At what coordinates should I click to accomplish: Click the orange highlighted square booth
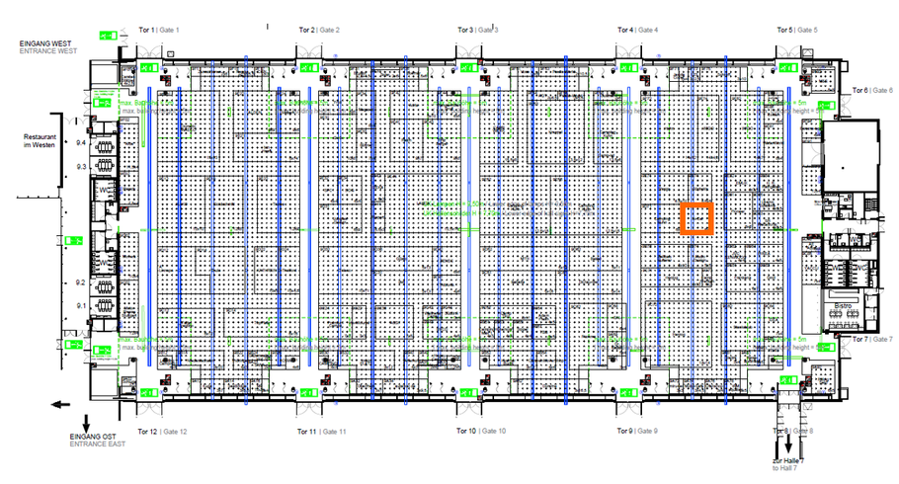point(696,217)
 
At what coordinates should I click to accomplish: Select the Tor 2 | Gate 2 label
point(319,31)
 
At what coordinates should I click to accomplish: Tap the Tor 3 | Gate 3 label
point(477,31)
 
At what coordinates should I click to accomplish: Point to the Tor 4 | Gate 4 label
point(637,31)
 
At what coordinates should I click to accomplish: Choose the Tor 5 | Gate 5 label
point(798,31)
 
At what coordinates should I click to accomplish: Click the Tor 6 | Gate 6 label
point(872,90)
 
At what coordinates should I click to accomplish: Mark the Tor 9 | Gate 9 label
point(637,432)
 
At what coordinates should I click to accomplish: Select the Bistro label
point(844,307)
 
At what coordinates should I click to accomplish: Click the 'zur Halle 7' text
point(790,461)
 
